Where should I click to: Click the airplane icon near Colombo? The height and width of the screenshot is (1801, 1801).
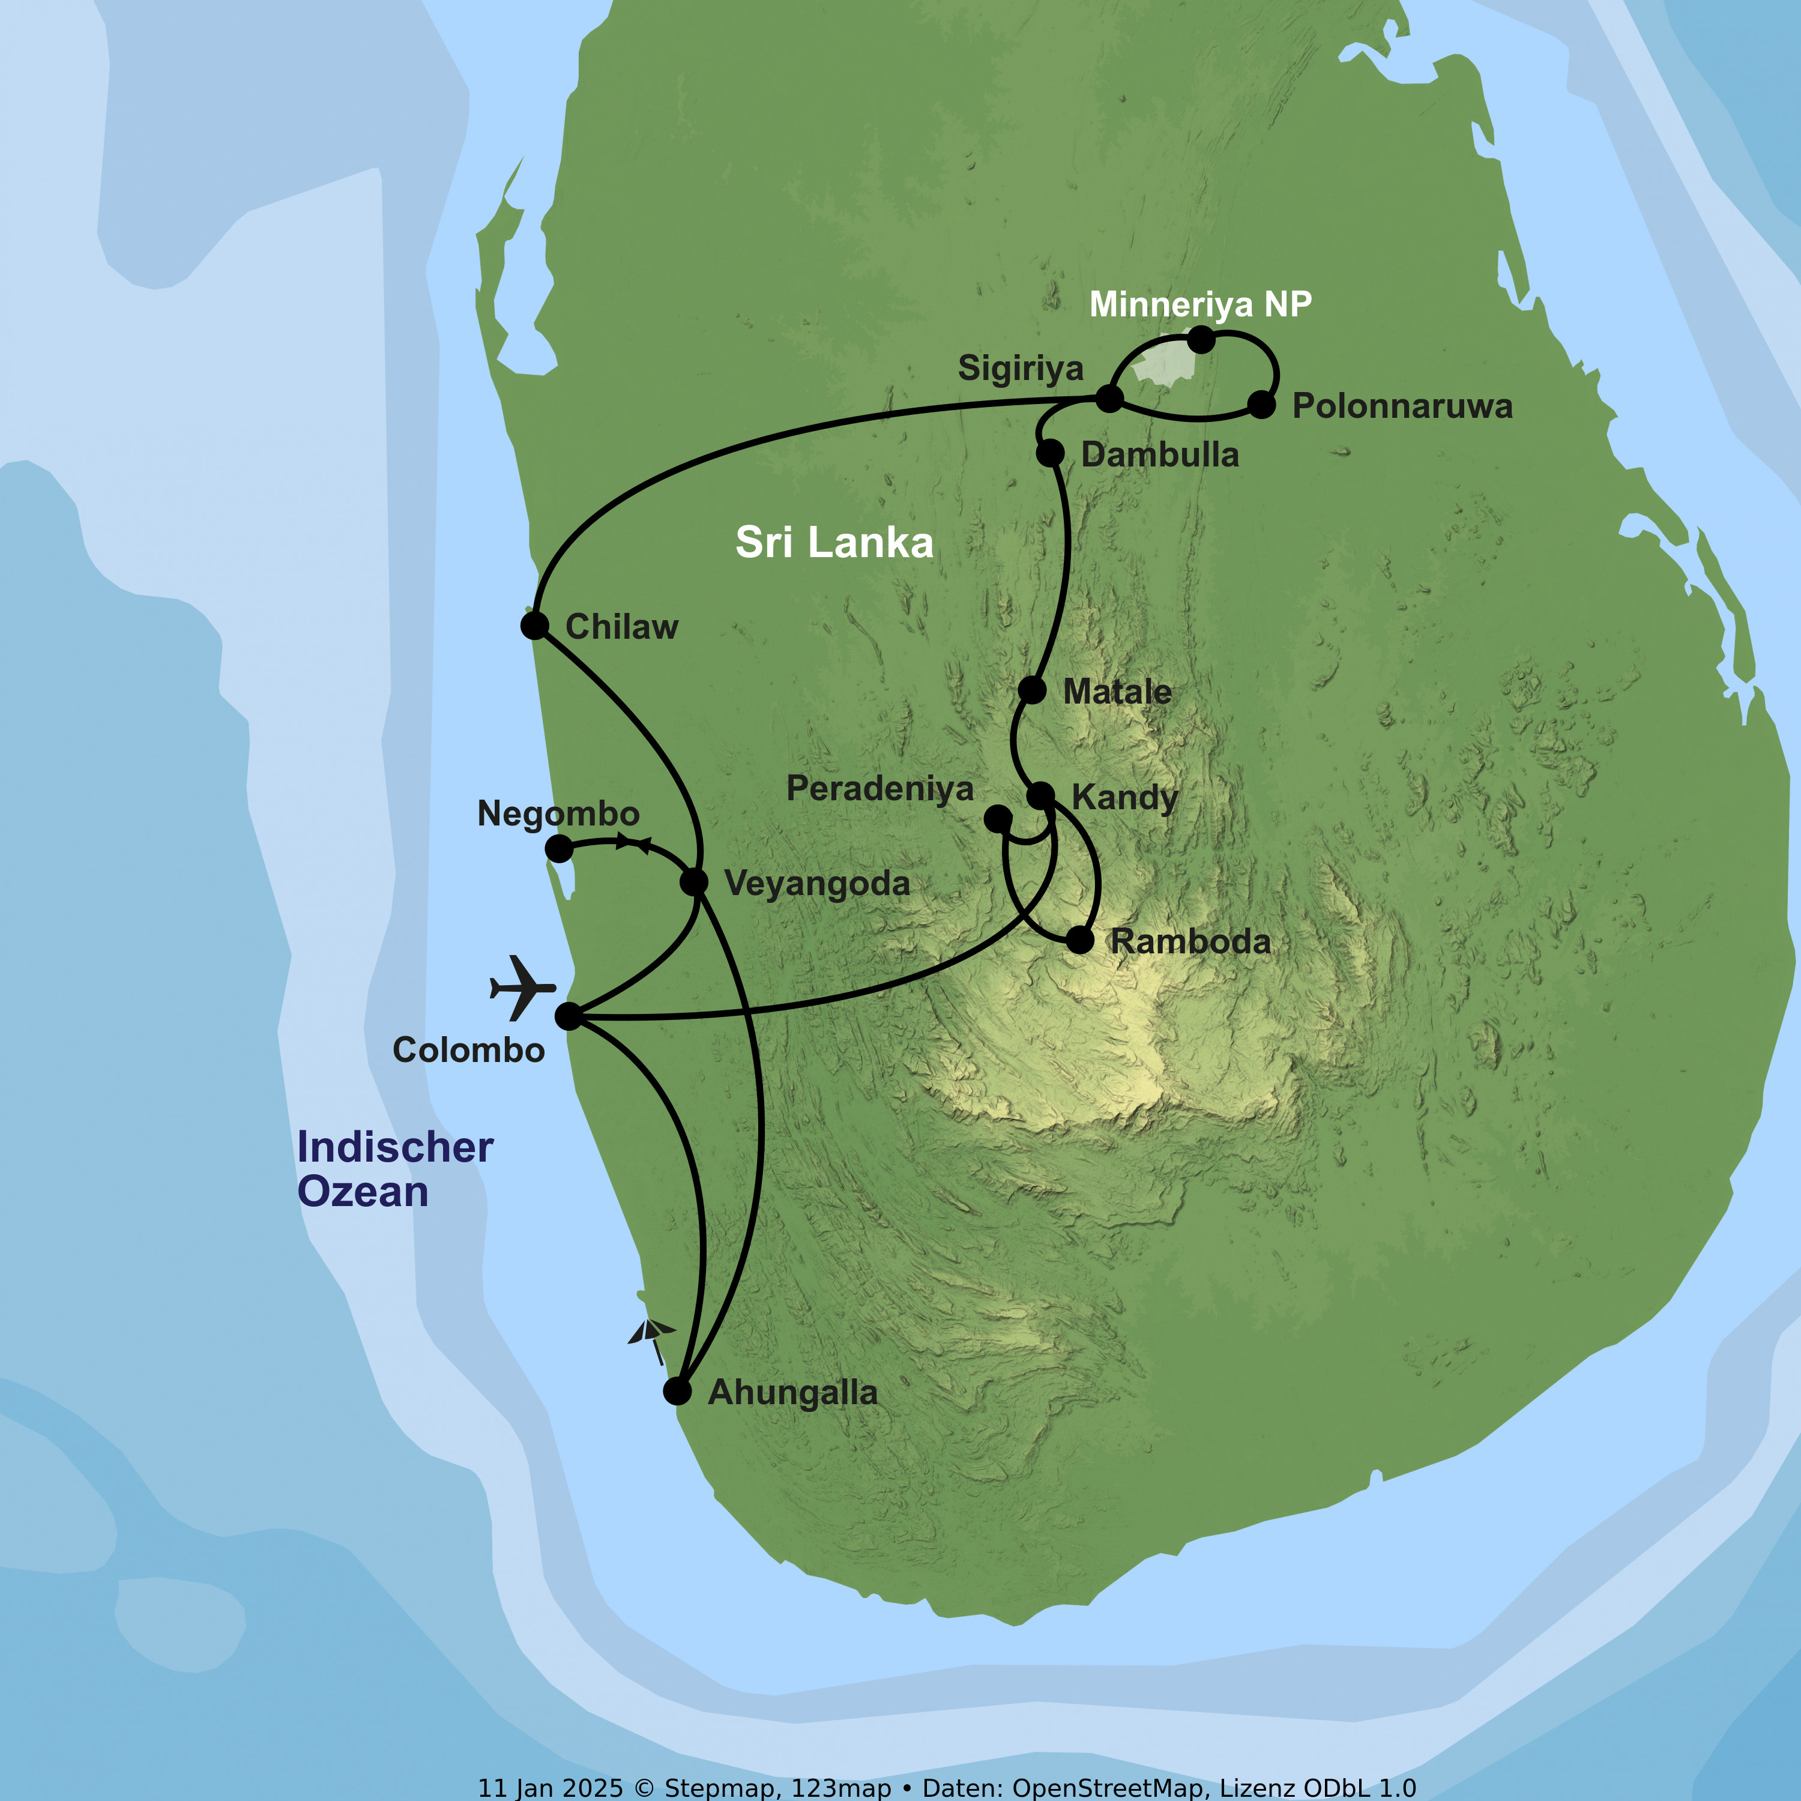(x=523, y=987)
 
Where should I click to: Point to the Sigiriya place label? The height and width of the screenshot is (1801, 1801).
(x=1020, y=368)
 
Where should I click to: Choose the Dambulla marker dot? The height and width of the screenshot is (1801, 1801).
(x=1049, y=453)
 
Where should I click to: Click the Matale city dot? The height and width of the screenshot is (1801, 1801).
(x=1032, y=690)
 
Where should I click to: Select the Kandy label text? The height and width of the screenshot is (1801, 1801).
(x=1124, y=798)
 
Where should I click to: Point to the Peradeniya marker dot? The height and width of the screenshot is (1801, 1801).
(x=997, y=818)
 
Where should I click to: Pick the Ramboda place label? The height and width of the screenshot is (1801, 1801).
(x=1189, y=941)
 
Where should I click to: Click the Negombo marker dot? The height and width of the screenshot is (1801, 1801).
(x=558, y=848)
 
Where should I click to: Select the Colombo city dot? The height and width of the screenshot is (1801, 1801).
(x=569, y=1016)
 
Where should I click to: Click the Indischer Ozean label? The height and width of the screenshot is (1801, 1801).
(x=394, y=1169)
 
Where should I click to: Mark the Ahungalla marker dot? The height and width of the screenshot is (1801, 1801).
(x=678, y=1392)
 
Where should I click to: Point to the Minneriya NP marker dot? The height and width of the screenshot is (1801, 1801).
(x=1202, y=339)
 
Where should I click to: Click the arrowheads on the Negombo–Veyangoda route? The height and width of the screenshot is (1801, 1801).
(x=633, y=843)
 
